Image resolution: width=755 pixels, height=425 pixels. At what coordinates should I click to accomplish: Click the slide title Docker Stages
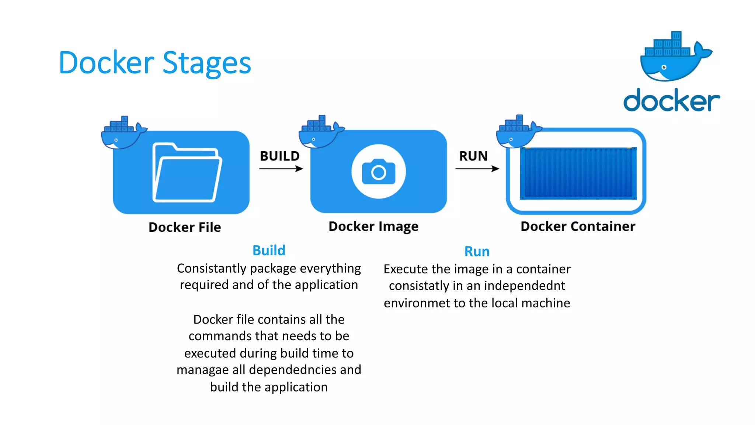[x=155, y=63]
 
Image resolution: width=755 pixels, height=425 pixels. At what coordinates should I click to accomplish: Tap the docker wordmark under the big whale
[x=671, y=100]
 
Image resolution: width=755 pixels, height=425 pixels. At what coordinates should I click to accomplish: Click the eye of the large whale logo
[x=664, y=67]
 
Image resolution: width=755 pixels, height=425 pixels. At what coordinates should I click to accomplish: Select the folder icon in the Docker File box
[x=187, y=172]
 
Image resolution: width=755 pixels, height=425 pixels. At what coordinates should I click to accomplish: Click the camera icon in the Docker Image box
[x=379, y=172]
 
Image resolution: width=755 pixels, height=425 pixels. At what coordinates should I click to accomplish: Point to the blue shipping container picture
[x=578, y=173]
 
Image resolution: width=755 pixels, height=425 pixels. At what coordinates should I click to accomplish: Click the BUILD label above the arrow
[x=280, y=156]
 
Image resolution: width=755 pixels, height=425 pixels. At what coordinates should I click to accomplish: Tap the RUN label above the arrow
[x=473, y=156]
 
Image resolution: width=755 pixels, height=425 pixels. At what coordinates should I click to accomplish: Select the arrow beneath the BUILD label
[x=281, y=169]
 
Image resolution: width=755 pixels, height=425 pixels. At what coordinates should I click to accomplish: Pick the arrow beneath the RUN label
[x=477, y=169]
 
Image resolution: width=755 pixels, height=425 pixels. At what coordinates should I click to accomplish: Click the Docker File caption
[x=185, y=227]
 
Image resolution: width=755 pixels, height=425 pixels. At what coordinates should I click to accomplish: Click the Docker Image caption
[x=373, y=227]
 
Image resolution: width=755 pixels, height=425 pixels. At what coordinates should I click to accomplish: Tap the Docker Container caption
[x=578, y=227]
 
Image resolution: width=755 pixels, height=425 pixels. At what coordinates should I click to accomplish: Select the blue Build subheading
[x=269, y=250]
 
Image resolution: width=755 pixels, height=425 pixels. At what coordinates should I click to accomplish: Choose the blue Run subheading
[x=477, y=252]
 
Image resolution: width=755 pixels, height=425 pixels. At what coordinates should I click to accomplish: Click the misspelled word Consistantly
[x=212, y=269]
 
